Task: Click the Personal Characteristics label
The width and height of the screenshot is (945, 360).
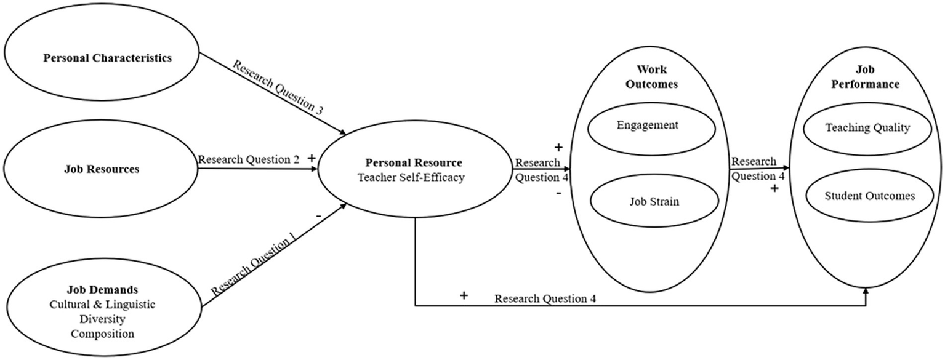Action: pos(107,58)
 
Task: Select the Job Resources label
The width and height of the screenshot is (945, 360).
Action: pos(102,169)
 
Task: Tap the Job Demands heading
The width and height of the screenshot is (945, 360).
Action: pos(102,290)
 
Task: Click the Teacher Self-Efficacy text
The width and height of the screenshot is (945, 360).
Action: pos(413,177)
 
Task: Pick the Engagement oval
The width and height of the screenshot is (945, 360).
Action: pos(647,126)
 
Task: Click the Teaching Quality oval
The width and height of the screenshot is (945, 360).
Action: pos(867,128)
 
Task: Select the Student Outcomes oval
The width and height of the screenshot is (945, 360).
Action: pos(869,196)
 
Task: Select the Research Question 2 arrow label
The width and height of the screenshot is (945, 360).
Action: pos(249,159)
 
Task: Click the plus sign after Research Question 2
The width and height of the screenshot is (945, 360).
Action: pos(311,158)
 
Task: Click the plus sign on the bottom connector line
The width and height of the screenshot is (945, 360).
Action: pos(464,296)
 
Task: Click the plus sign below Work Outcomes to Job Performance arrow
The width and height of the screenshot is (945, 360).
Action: pos(774,189)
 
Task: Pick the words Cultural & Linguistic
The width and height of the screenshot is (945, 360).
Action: pos(102,305)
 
